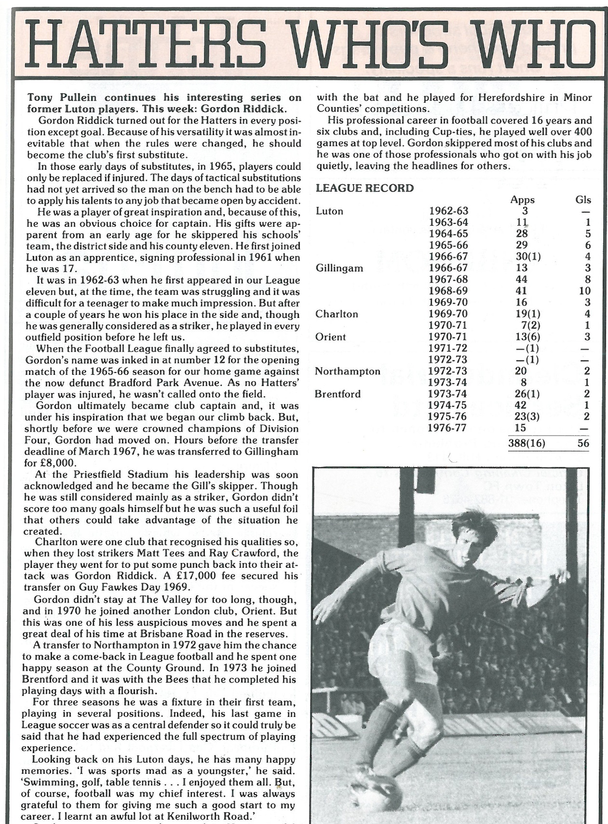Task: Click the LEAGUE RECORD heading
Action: tap(365, 189)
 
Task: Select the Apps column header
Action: tap(523, 200)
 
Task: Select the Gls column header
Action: tap(583, 200)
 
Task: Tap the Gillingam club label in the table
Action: tap(339, 268)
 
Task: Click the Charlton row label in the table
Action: tap(337, 314)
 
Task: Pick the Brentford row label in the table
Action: tap(338, 394)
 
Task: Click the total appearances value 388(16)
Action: tap(527, 443)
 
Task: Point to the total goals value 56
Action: tap(583, 443)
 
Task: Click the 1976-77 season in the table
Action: tap(448, 428)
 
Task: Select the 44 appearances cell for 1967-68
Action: tap(521, 280)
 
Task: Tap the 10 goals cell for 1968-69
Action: tap(584, 291)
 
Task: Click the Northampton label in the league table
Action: tap(347, 371)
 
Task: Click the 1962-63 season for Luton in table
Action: tap(448, 211)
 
